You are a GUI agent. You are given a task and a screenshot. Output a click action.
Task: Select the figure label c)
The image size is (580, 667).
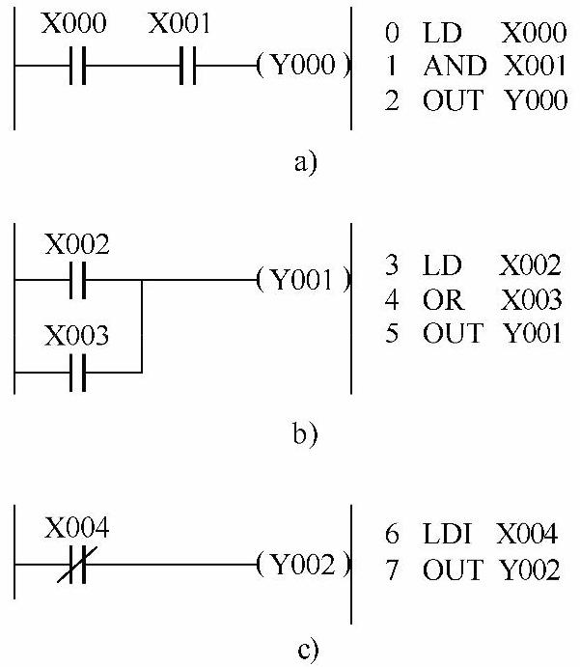coord(307,650)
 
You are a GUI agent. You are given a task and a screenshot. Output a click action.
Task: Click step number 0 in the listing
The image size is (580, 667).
coord(392,34)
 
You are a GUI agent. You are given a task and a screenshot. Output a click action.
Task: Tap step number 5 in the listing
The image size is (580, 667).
coord(391,335)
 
